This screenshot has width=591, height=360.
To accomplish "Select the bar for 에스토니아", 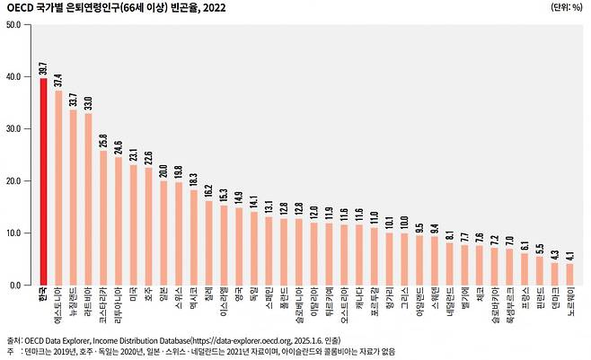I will point(58,188).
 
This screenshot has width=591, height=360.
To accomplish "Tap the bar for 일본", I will point(163,233).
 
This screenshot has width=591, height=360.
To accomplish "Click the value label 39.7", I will point(43,68).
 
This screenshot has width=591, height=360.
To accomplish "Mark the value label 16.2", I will point(208,190).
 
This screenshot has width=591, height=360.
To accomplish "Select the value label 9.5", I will point(420,225).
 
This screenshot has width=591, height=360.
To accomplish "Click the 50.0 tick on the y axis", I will point(14,24).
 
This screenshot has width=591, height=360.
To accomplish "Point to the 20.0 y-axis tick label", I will point(14,180).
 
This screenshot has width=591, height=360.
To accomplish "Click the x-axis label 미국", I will point(134,296).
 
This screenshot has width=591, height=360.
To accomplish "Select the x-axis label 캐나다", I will point(359,300).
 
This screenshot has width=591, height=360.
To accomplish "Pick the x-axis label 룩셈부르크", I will point(509,307).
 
